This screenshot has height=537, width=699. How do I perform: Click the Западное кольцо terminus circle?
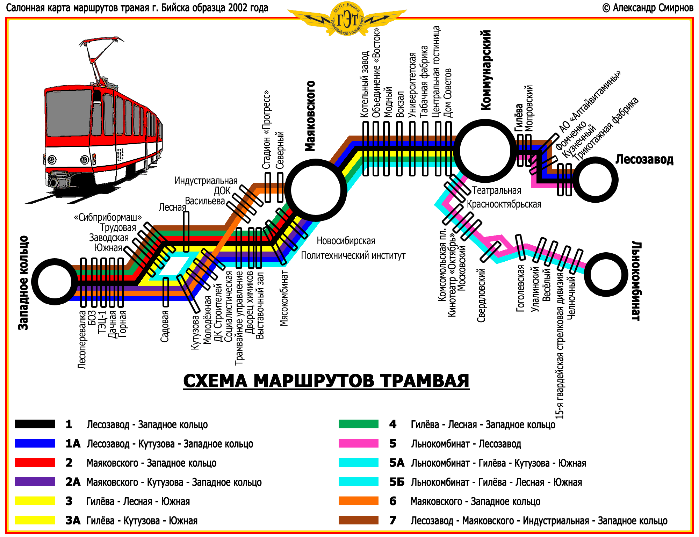[55, 281]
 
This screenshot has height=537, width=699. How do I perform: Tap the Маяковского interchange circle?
[316, 190]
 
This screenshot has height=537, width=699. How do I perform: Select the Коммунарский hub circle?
[485, 151]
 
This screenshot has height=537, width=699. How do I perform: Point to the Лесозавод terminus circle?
[595, 180]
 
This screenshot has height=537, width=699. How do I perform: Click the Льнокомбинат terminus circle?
[606, 275]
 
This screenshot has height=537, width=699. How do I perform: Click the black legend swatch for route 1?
[35, 424]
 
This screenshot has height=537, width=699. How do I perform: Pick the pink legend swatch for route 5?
[358, 443]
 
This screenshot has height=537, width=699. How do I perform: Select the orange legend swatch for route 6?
[358, 501]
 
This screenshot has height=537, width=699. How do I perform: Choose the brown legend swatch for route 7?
[358, 520]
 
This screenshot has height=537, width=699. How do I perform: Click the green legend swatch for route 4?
[358, 424]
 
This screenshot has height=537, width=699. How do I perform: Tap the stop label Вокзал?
[400, 104]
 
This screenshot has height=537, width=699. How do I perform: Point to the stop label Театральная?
[496, 191]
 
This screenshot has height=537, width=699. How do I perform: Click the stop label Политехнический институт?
[353, 255]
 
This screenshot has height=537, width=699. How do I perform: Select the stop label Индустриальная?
[206, 181]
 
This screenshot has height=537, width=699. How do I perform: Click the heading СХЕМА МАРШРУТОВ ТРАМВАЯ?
[326, 381]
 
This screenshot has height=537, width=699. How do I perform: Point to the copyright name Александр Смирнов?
[653, 8]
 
